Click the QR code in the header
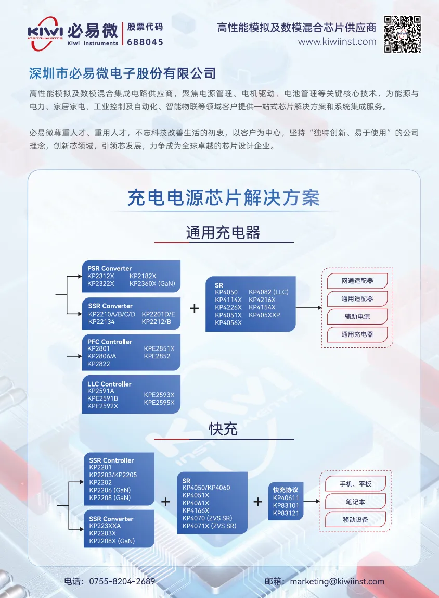pyautogui.click(x=402, y=34)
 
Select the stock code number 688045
pyautogui.click(x=145, y=42)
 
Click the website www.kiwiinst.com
pyautogui.click(x=337, y=42)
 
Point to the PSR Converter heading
pyautogui.click(x=110, y=268)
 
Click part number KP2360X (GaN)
pyautogui.click(x=152, y=284)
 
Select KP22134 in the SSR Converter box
pyautogui.click(x=101, y=322)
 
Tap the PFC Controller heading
pyautogui.click(x=110, y=342)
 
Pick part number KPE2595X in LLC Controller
pyautogui.click(x=159, y=403)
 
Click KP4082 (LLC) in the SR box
pyautogui.click(x=269, y=292)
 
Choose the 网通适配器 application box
pyautogui.click(x=357, y=281)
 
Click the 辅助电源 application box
pyautogui.click(x=357, y=317)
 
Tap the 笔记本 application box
pyautogui.click(x=355, y=502)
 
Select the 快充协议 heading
pyautogui.click(x=286, y=490)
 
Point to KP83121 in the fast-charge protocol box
pyautogui.click(x=286, y=513)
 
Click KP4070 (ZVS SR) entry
pyautogui.click(x=207, y=518)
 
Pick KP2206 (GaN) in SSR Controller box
pyautogui.click(x=110, y=490)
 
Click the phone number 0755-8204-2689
pyautogui.click(x=122, y=582)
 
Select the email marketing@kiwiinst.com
pyautogui.click(x=337, y=582)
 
